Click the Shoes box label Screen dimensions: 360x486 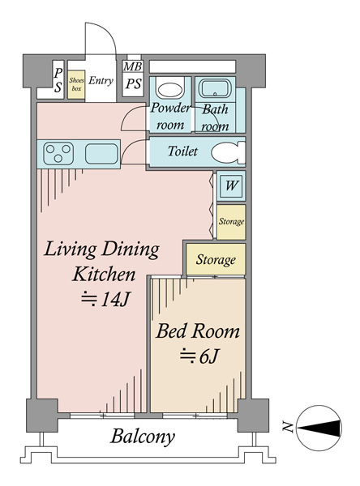click(x=76, y=84)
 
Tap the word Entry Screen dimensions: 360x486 click(x=101, y=81)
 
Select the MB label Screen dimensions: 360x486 click(x=133, y=66)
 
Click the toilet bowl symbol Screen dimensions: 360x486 click(x=229, y=152)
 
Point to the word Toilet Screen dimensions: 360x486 click(x=182, y=151)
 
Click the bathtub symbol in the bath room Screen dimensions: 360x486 click(x=214, y=88)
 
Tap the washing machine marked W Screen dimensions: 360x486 click(x=231, y=185)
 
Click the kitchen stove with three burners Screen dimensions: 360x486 click(x=58, y=153)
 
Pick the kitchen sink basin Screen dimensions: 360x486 click(x=101, y=154)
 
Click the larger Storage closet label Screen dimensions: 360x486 click(x=216, y=260)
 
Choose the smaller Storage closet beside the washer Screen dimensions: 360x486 click(x=231, y=222)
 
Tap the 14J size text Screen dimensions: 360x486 click(x=105, y=299)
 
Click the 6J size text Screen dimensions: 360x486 click(x=199, y=356)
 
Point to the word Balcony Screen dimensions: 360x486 click(x=143, y=437)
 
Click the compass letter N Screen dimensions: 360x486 click(x=287, y=427)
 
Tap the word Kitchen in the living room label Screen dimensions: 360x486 click(x=104, y=275)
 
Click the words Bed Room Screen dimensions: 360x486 click(x=198, y=331)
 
